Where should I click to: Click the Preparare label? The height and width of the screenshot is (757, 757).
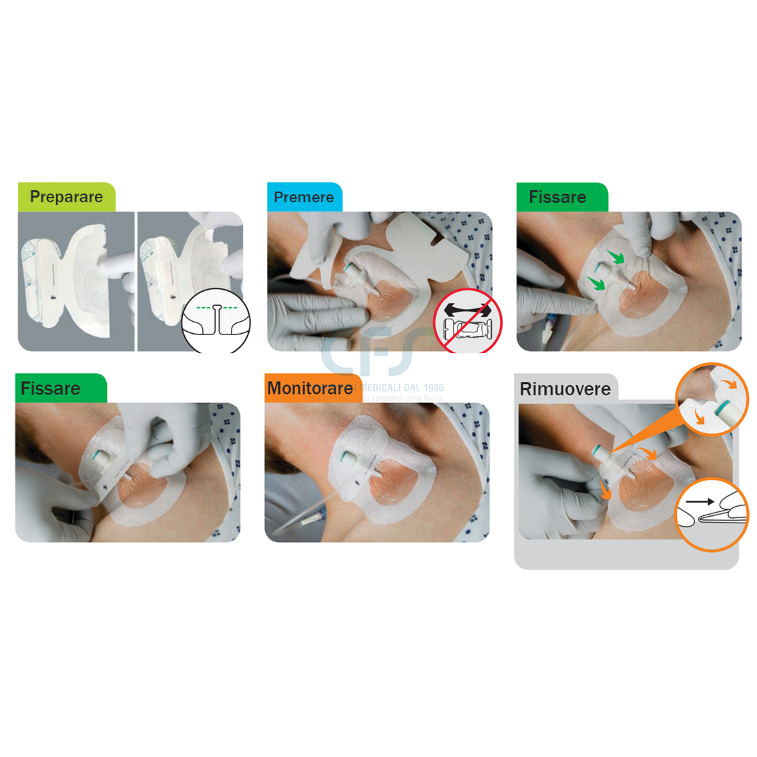[x=66, y=197]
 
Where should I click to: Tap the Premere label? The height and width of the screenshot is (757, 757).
[x=304, y=198]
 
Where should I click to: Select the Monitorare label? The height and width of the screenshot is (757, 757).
[x=310, y=389]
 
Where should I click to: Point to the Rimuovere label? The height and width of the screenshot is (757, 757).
[x=565, y=389]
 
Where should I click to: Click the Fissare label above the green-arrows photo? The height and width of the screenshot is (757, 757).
[x=557, y=198]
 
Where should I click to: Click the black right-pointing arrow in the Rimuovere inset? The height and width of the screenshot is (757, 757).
[x=700, y=501]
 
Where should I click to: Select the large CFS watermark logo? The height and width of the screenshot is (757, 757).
[x=377, y=350]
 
